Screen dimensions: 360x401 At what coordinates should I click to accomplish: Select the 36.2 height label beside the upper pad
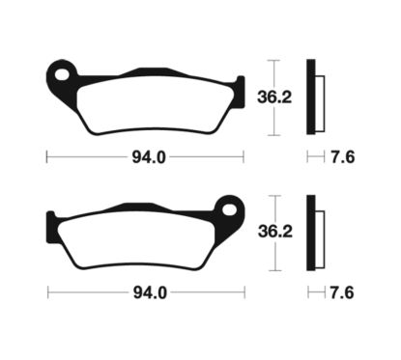click(293, 97)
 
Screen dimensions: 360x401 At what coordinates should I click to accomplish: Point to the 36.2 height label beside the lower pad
click(293, 231)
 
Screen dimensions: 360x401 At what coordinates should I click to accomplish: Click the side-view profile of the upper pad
click(312, 97)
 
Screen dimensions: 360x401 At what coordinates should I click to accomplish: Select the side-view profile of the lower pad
click(312, 231)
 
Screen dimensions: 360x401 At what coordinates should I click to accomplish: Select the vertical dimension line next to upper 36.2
click(274, 97)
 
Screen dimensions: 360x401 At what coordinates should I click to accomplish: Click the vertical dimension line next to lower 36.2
click(274, 231)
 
